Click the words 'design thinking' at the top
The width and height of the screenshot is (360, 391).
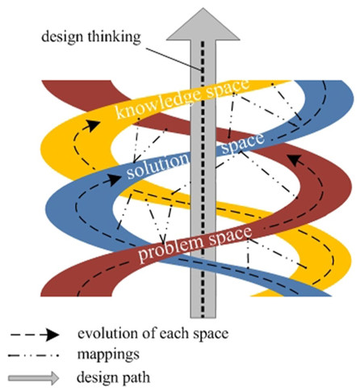(x=91, y=37)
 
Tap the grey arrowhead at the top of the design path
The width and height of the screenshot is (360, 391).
(x=203, y=24)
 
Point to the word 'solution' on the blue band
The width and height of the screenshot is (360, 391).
(x=157, y=165)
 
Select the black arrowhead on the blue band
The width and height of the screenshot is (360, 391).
(x=114, y=179)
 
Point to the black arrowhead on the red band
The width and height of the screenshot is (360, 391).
(x=295, y=160)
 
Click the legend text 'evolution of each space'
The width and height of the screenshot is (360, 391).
(x=153, y=334)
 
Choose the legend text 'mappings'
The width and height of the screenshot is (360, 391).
(x=108, y=355)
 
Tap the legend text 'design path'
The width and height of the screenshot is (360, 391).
(x=113, y=377)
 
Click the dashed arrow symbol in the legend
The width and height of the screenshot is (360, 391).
(x=35, y=335)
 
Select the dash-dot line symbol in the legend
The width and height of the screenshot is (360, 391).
(x=33, y=355)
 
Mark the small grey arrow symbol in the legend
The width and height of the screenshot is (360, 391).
(x=34, y=378)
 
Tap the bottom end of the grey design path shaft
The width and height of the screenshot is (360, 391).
(x=203, y=317)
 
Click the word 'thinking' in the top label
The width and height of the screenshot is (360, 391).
(x=114, y=37)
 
